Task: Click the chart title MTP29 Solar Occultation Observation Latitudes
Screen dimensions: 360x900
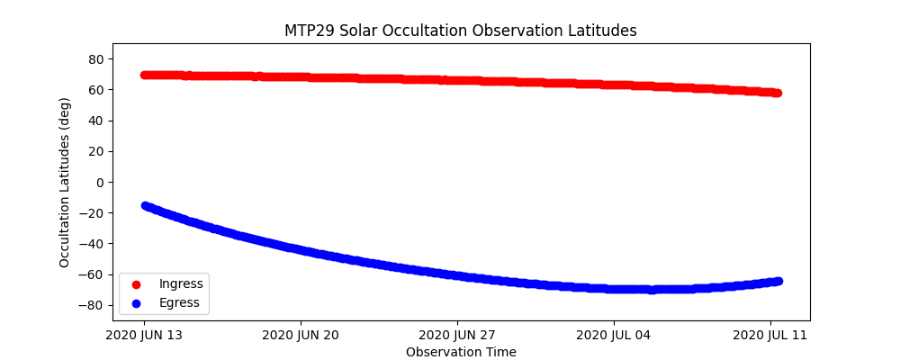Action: pyautogui.click(x=460, y=31)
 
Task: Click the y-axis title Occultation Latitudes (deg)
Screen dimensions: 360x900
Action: pyautogui.click(x=65, y=182)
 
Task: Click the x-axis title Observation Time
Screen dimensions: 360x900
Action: pyautogui.click(x=461, y=352)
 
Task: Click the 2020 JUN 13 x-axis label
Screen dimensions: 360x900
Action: pyautogui.click(x=144, y=336)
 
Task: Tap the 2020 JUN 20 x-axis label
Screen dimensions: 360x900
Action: pyautogui.click(x=301, y=336)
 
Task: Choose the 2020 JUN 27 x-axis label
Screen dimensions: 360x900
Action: pyautogui.click(x=457, y=336)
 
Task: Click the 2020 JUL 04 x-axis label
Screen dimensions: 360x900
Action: pyautogui.click(x=614, y=336)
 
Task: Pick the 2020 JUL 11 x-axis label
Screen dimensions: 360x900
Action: pyautogui.click(x=770, y=336)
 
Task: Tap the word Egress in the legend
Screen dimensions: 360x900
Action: pyautogui.click(x=179, y=303)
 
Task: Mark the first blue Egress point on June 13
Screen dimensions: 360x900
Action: pyautogui.click(x=145, y=206)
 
